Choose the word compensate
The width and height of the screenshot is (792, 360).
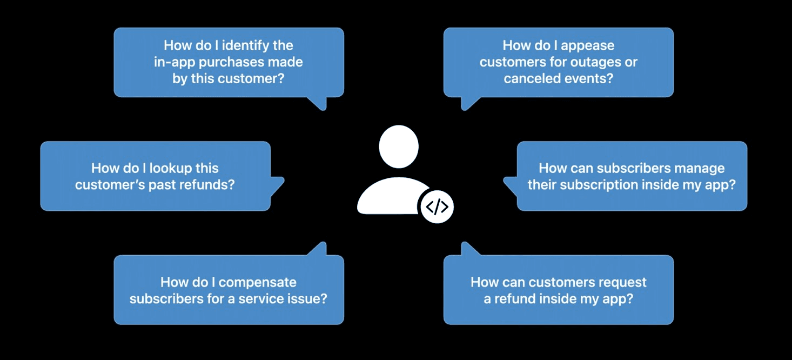coord(258,282)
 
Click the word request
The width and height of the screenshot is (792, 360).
coord(622,282)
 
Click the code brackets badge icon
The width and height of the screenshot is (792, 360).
coord(437,206)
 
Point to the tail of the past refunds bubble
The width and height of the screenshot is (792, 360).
coord(277,185)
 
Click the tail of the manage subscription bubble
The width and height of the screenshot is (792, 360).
coord(510,185)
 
